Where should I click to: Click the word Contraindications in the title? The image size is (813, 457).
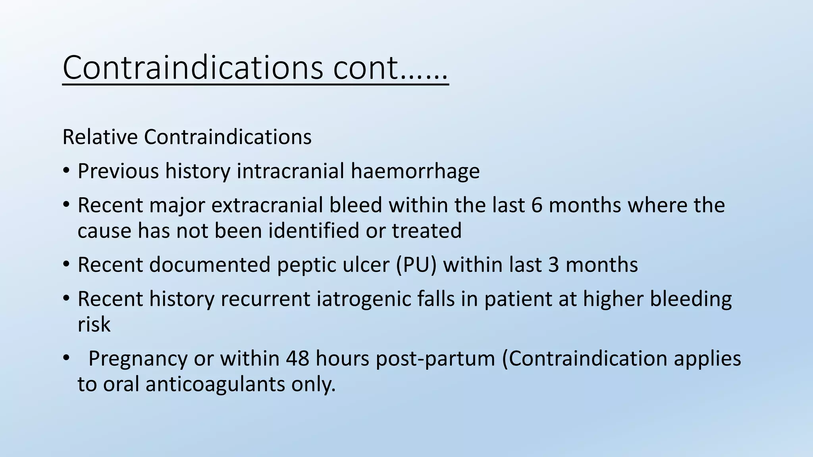(x=193, y=67)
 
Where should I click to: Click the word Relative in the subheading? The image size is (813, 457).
(x=100, y=137)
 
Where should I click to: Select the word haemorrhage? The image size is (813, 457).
(x=415, y=171)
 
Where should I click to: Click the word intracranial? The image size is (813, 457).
(x=291, y=171)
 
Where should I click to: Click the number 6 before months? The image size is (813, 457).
(x=536, y=205)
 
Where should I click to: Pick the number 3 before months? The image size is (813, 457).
(x=554, y=265)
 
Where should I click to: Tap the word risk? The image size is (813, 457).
(x=94, y=325)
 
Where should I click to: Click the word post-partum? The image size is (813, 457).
(x=435, y=359)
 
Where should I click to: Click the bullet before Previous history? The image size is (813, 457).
(x=66, y=171)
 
